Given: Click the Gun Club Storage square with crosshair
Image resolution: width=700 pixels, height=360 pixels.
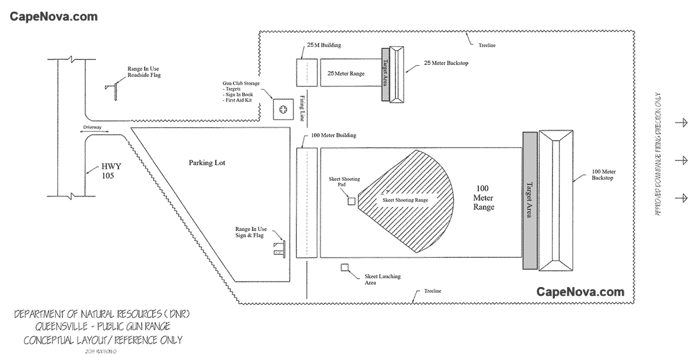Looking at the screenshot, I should point(283,109).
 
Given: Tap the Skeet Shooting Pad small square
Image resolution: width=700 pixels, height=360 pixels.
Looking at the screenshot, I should point(351,201).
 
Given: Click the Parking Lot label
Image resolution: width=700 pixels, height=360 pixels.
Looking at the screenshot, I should point(206,162).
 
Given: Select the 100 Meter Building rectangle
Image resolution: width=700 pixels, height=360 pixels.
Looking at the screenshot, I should point(306,202).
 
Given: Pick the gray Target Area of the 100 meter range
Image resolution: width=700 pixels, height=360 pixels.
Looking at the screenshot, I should point(529,201).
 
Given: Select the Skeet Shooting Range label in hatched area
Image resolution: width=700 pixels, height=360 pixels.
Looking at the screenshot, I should point(405,200).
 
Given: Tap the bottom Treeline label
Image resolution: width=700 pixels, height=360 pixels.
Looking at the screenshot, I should point(433,291).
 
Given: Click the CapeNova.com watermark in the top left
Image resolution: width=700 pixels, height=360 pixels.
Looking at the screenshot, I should point(53,16).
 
